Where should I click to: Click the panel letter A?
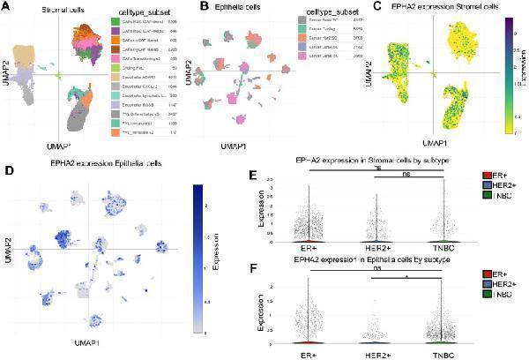(x=6, y=6)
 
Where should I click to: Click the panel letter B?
(x=205, y=6)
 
